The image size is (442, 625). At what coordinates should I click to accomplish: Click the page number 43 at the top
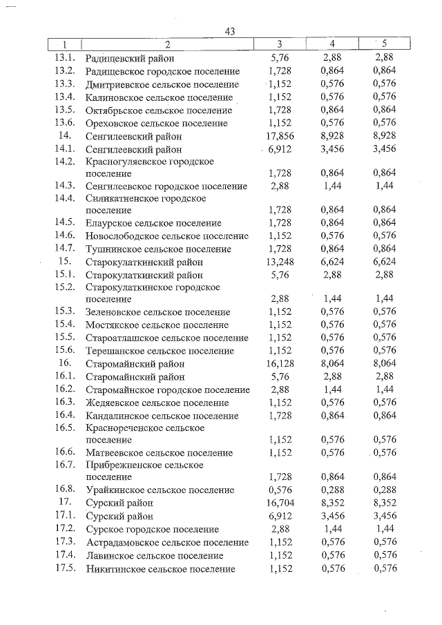point(231,32)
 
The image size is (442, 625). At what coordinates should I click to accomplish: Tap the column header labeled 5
point(384,45)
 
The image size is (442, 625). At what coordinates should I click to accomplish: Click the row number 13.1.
point(64,58)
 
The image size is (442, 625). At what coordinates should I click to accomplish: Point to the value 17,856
point(280,136)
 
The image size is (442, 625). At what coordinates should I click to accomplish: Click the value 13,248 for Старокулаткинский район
point(280,262)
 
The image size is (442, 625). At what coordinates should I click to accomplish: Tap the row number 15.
point(66,262)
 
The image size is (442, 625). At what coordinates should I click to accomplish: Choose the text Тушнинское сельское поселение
point(157,249)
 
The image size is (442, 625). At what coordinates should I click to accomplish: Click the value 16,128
point(280,363)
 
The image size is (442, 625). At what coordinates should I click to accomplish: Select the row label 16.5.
point(64,427)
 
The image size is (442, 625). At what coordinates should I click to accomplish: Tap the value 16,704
point(280,503)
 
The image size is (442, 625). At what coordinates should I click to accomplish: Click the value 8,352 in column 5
point(384,503)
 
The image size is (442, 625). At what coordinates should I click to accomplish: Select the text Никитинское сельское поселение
point(160,569)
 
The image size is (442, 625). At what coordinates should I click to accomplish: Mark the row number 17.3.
point(64,542)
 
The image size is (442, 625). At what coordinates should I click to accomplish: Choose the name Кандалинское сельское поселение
point(162,416)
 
